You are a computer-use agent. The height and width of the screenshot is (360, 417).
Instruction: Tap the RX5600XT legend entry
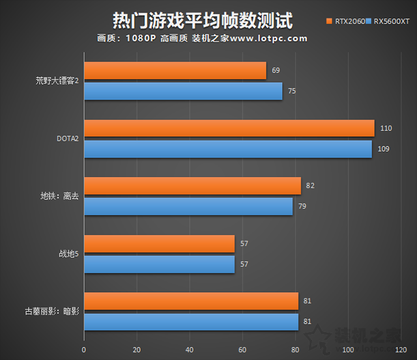pyautogui.click(x=391, y=21)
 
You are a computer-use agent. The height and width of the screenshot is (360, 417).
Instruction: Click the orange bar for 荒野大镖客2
pyautogui.click(x=175, y=70)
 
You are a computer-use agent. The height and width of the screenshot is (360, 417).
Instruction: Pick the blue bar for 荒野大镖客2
pyautogui.click(x=182, y=91)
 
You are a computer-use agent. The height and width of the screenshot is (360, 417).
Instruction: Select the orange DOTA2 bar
pyautogui.click(x=229, y=128)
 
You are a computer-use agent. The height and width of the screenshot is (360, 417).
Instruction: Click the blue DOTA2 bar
pyautogui.click(x=227, y=149)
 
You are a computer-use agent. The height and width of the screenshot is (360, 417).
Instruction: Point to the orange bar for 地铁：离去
pyautogui.click(x=192, y=186)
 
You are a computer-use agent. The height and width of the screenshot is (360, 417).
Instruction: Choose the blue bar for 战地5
pyautogui.click(x=159, y=264)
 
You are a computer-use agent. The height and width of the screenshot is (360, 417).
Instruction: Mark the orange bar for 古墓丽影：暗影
pyautogui.click(x=191, y=301)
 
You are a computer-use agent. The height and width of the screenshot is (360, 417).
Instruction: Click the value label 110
pyautogui.click(x=386, y=128)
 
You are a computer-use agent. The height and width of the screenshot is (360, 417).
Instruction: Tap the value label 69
pyautogui.click(x=276, y=70)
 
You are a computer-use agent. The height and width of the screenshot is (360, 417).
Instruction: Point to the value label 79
pyautogui.click(x=302, y=206)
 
